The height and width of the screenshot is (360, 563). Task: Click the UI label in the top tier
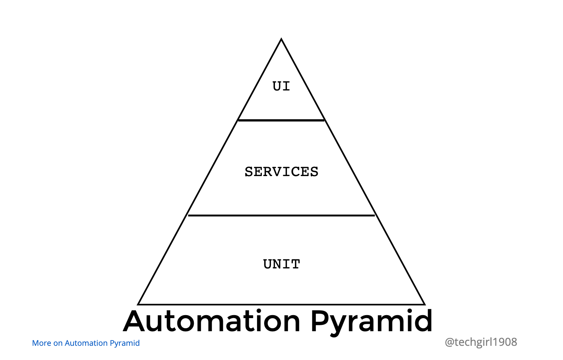click(281, 86)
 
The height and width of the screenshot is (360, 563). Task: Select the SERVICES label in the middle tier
click(281, 172)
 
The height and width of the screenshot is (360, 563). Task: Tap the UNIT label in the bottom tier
click(282, 264)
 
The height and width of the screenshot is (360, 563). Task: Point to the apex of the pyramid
click(281, 39)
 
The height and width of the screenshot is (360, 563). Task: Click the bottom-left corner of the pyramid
click(139, 304)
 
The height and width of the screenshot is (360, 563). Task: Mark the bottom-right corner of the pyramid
click(424, 304)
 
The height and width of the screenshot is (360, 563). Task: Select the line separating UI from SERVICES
click(281, 120)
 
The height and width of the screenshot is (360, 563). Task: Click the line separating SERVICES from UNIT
click(281, 215)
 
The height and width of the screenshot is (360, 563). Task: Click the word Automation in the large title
click(212, 321)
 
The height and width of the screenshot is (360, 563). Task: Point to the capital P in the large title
click(319, 321)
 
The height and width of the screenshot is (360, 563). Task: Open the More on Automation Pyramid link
click(86, 343)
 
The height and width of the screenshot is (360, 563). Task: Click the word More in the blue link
click(42, 343)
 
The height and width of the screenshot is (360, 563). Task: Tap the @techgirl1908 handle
click(481, 342)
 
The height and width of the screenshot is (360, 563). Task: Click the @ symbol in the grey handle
click(450, 342)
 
